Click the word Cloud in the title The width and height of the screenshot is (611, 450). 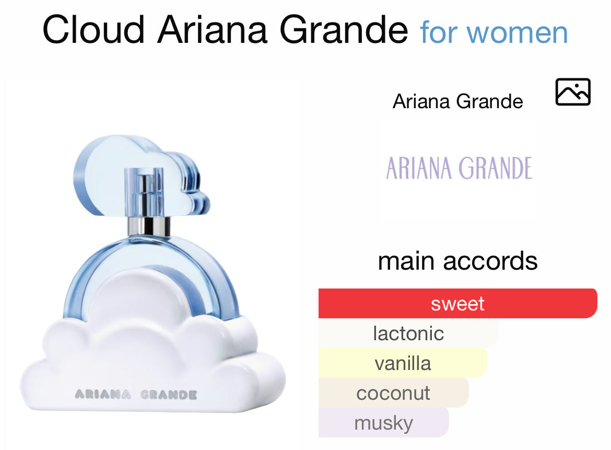93,30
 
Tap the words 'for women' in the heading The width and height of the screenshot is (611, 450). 494,32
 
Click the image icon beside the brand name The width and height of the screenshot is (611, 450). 572,92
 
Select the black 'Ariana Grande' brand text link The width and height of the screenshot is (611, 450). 457,101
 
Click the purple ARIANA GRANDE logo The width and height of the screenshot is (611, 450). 459,168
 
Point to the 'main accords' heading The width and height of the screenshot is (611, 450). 457,261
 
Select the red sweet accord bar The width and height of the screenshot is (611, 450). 457,304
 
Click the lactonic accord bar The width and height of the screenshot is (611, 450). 408,333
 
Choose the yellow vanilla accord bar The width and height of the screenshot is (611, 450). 403,363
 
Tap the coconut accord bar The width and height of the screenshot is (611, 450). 393,393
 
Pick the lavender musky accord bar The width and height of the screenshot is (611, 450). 383,423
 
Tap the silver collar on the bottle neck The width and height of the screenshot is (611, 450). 149,226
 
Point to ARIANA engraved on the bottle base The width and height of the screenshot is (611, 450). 103,395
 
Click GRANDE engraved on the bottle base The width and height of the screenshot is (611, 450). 168,395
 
